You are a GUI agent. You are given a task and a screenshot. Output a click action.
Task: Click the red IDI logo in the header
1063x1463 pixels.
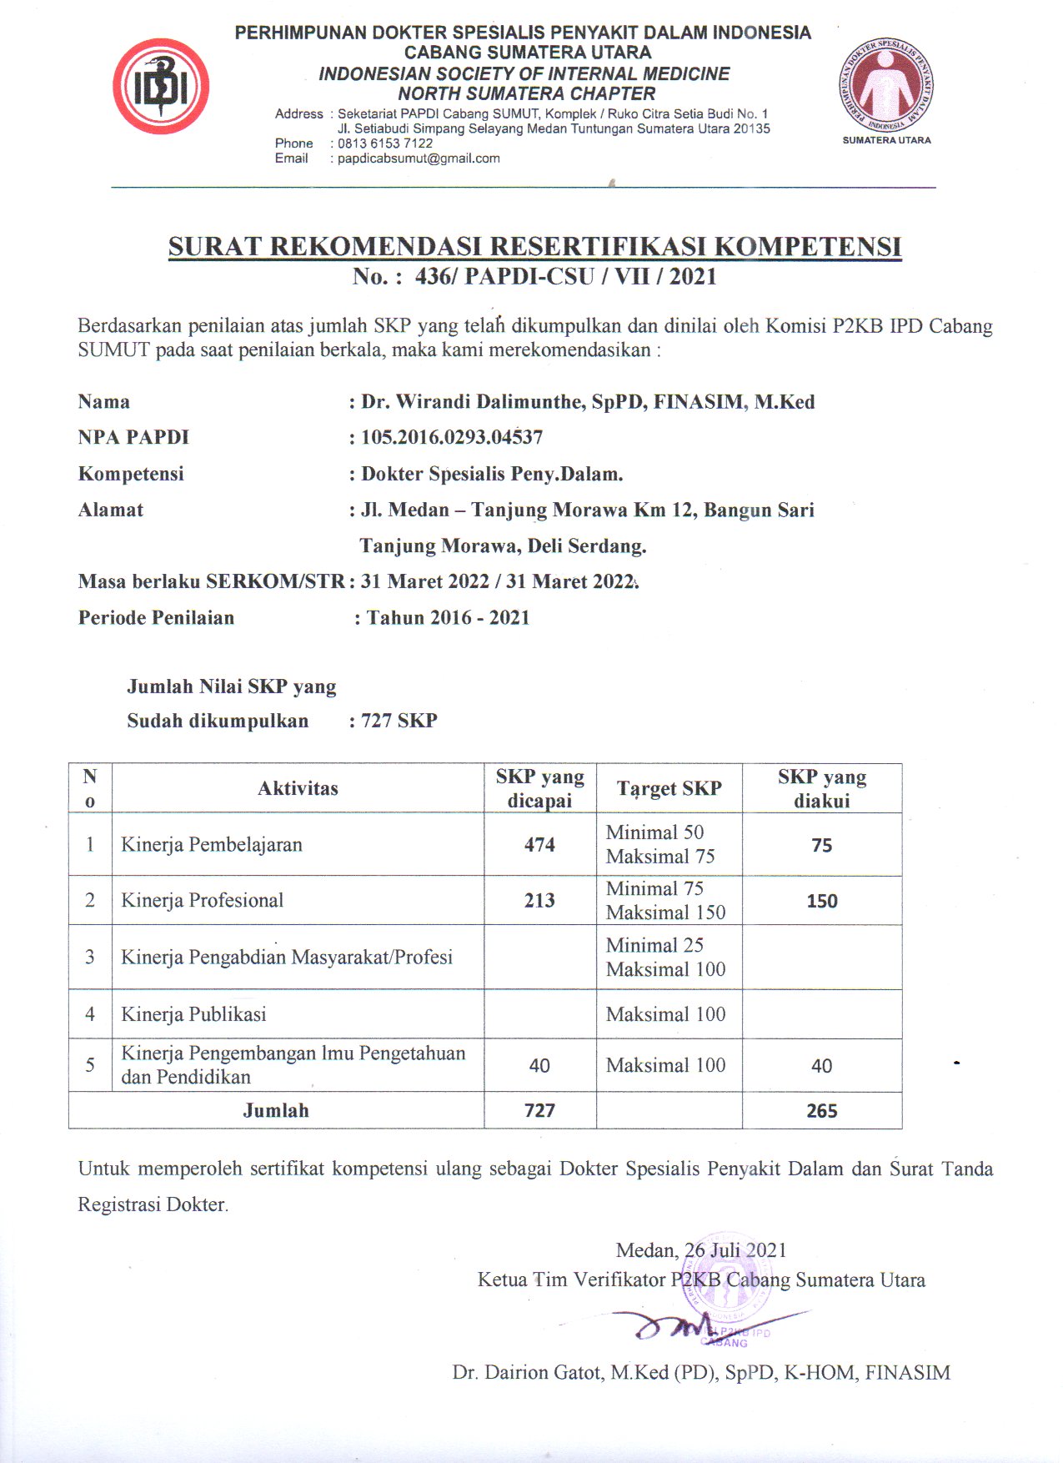(161, 87)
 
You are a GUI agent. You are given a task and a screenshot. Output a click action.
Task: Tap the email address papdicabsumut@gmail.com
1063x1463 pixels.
(419, 158)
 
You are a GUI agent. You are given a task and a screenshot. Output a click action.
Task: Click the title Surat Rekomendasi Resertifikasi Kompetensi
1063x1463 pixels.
(534, 247)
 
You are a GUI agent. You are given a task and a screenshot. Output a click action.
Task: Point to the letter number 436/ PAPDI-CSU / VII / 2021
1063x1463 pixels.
(565, 276)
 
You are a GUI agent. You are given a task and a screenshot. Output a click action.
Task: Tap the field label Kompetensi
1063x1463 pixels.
(131, 474)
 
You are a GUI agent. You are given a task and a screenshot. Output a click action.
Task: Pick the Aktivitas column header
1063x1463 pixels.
(298, 788)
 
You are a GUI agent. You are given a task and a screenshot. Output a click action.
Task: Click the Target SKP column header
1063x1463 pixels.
(669, 788)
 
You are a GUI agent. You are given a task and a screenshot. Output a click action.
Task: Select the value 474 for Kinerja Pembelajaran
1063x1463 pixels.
(539, 845)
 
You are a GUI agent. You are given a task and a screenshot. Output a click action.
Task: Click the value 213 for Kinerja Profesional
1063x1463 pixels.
(539, 901)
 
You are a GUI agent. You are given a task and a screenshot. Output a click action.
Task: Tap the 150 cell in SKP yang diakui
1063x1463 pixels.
(821, 901)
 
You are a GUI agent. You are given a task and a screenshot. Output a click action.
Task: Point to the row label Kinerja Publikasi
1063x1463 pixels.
(193, 1014)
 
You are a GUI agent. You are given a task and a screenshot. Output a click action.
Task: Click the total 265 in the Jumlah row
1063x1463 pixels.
(821, 1111)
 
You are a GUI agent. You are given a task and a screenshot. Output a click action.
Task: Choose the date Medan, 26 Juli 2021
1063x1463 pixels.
(700, 1250)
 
